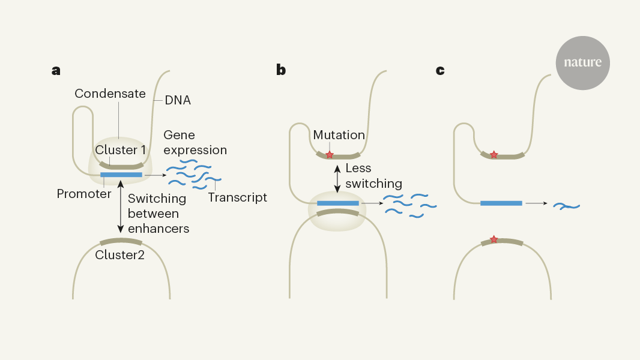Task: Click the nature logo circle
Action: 582,62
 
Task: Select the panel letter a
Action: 56,70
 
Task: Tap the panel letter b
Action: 280,70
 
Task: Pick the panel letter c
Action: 440,70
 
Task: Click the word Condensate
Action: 110,94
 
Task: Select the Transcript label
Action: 237,197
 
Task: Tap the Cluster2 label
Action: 120,254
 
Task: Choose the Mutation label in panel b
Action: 339,135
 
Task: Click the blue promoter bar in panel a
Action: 121,175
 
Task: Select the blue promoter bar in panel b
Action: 338,203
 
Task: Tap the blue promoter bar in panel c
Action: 501,203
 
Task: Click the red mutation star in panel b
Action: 330,155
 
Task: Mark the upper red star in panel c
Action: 494,155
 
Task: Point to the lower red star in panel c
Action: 494,239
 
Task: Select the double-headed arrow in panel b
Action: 338,178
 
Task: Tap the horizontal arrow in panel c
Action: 536,203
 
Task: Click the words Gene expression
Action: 195,142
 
